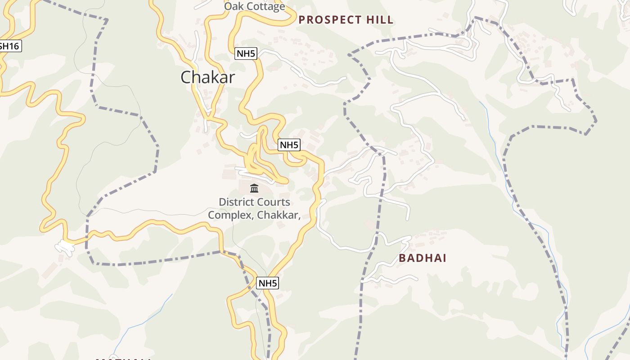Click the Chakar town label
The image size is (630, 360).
207,77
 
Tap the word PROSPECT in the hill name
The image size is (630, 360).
330,20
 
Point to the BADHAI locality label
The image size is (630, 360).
423,258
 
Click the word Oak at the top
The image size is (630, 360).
233,6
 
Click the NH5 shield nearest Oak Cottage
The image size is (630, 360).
246,54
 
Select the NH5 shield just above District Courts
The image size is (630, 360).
289,145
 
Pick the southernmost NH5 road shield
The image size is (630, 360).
267,283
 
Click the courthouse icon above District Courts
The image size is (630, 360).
254,188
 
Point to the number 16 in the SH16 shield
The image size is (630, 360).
15,46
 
